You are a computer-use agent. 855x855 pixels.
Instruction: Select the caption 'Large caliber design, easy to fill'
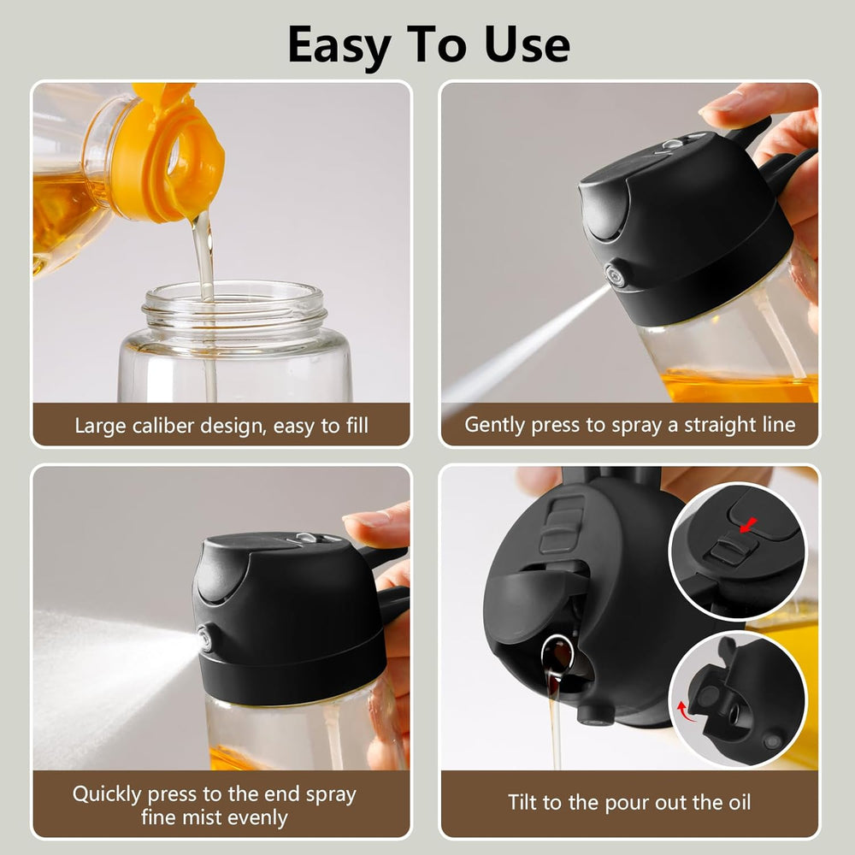pos(221,425)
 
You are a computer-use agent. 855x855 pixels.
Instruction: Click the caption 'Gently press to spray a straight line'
pos(630,425)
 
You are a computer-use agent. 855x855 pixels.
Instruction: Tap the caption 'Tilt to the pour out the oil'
pos(630,803)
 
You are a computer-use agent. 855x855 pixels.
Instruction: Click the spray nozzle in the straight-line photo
pos(614,276)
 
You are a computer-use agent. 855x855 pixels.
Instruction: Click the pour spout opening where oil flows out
pos(557,655)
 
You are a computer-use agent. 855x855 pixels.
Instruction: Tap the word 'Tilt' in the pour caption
pos(524,803)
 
